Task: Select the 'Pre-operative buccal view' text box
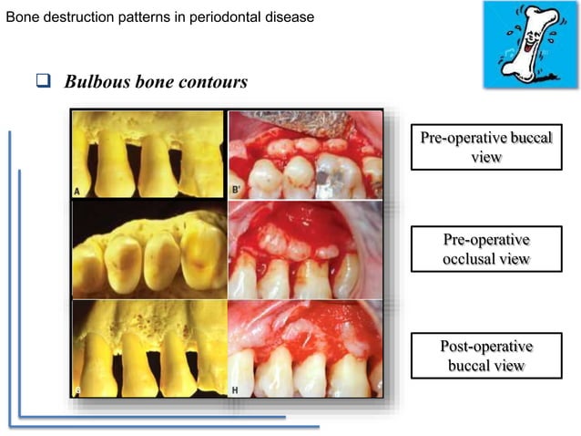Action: (x=485, y=147)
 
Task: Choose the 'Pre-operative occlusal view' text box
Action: (x=485, y=249)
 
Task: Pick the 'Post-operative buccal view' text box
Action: (x=485, y=356)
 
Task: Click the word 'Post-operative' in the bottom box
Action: (x=485, y=347)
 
